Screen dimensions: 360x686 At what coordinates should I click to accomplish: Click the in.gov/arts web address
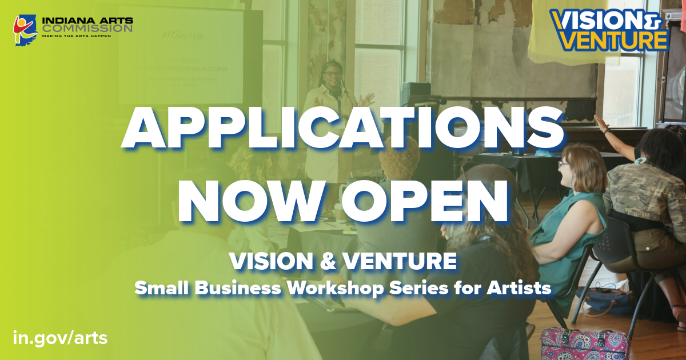coord(60,337)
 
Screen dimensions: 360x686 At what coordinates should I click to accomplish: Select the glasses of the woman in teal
coord(564,165)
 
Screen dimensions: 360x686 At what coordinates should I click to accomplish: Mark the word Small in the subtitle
coord(162,289)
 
